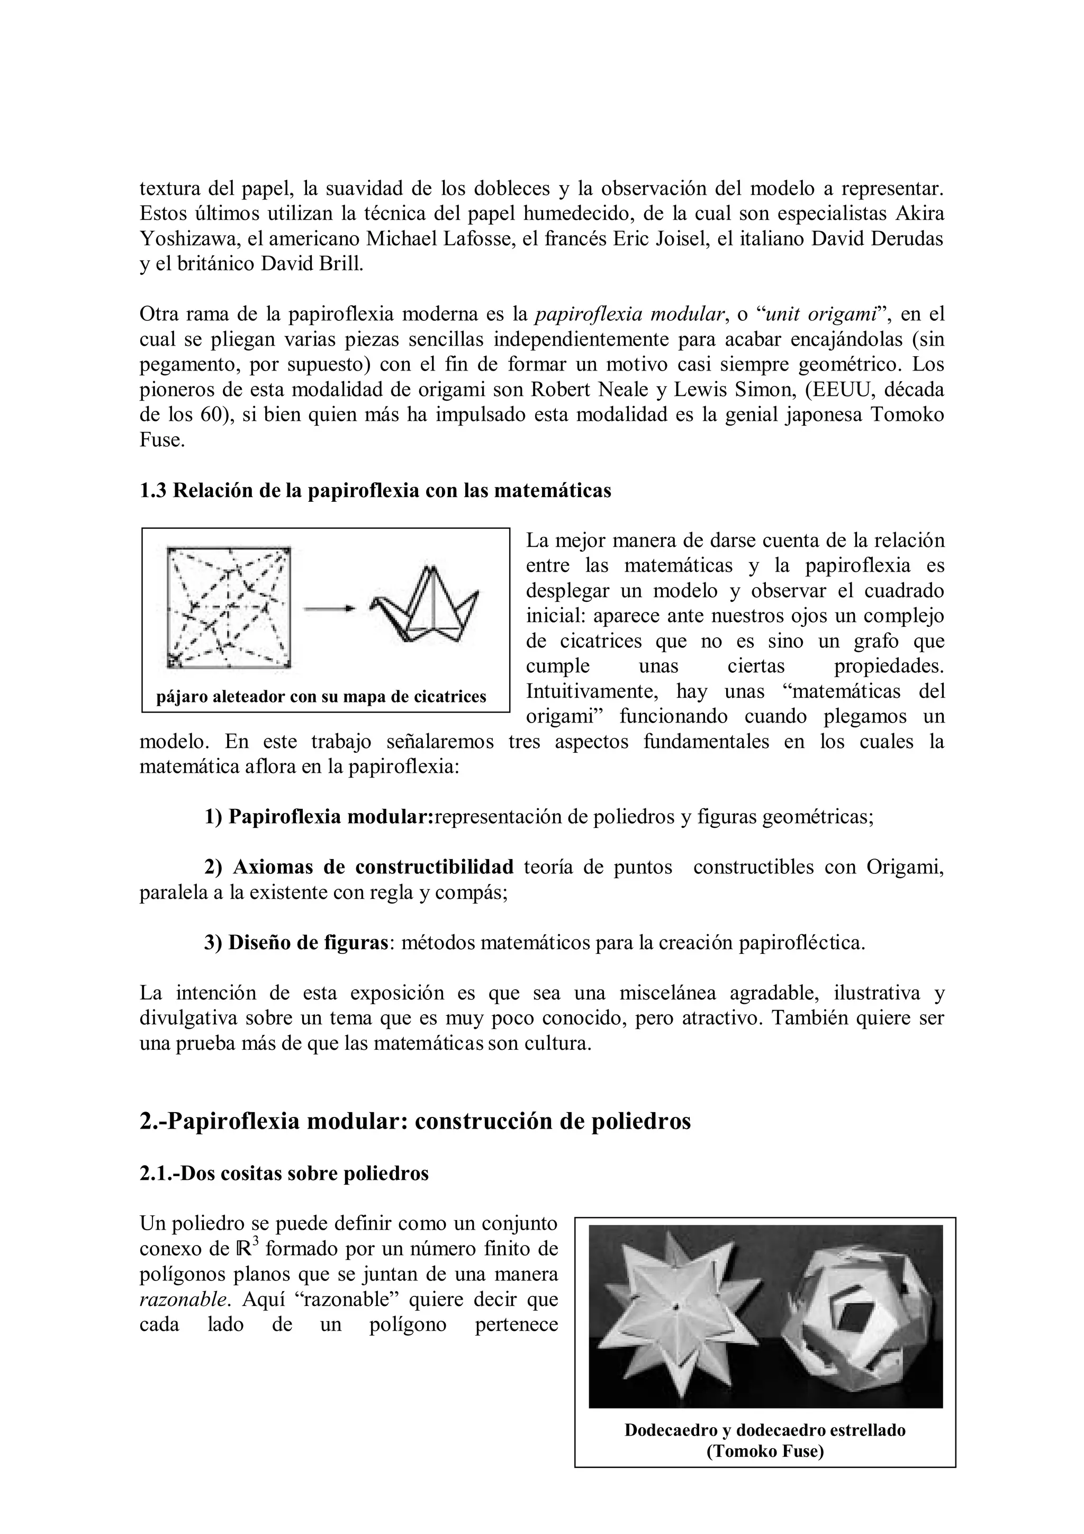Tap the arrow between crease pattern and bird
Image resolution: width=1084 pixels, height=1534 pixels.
(x=329, y=608)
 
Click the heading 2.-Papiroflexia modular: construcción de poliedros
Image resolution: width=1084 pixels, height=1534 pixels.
(x=415, y=1122)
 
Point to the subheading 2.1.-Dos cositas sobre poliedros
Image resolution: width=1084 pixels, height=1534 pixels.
(x=284, y=1173)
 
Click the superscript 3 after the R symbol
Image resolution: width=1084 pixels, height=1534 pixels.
(x=255, y=1242)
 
